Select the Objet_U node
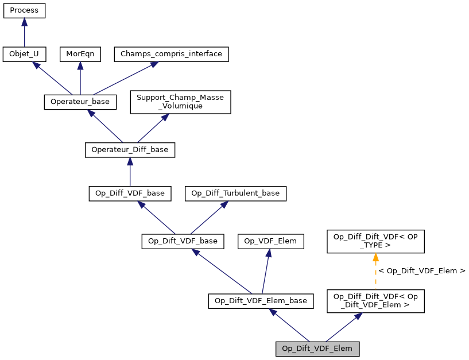[x=24, y=55]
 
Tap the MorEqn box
[x=80, y=55]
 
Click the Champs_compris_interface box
[x=172, y=55]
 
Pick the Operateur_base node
[x=80, y=102]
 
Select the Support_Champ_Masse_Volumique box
[x=180, y=102]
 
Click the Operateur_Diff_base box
[x=130, y=150]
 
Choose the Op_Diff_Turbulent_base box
[x=235, y=193]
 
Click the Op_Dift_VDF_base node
[x=183, y=241]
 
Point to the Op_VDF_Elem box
[x=270, y=241]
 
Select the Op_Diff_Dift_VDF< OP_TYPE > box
[x=375, y=241]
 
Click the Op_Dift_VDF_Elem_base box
[x=261, y=300]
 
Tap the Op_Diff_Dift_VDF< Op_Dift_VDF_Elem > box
[x=375, y=300]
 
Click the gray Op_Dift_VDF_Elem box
[x=317, y=349]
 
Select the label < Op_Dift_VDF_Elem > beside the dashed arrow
[x=422, y=270]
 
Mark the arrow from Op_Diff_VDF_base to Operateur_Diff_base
[x=130, y=172]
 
